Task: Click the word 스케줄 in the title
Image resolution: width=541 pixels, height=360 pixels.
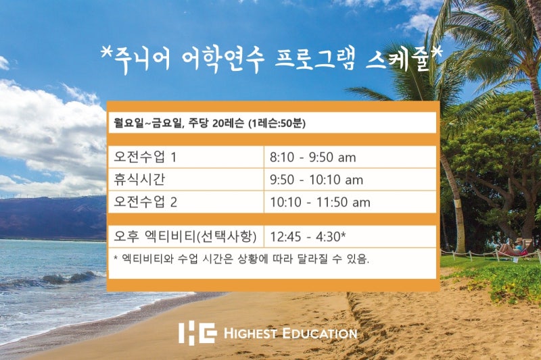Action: pyautogui.click(x=400, y=60)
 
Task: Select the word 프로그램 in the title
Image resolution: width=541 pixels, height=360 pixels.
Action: pyautogui.click(x=314, y=59)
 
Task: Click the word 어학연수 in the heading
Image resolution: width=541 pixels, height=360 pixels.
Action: pyautogui.click(x=223, y=60)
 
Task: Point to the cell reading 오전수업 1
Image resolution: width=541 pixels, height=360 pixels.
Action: pyautogui.click(x=145, y=157)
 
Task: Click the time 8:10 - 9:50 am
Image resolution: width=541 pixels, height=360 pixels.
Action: pyautogui.click(x=312, y=157)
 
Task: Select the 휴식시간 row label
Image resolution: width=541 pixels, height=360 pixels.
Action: pyautogui.click(x=139, y=180)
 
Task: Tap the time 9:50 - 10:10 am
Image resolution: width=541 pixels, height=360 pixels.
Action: pyautogui.click(x=316, y=180)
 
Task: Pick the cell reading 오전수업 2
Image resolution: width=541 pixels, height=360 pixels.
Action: pyautogui.click(x=145, y=202)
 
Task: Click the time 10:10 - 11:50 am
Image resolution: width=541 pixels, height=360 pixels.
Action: pyautogui.click(x=320, y=202)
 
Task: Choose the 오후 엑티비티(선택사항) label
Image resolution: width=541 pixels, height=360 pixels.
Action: pyautogui.click(x=185, y=236)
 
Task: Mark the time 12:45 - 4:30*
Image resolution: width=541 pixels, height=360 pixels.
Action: pyautogui.click(x=308, y=236)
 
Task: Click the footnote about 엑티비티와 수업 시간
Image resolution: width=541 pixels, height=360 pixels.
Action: pyautogui.click(x=241, y=259)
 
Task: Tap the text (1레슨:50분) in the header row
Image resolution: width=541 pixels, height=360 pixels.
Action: pyautogui.click(x=277, y=123)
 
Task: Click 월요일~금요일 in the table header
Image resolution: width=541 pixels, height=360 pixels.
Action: pyautogui.click(x=147, y=123)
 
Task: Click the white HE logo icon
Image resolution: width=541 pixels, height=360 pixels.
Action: pyautogui.click(x=197, y=333)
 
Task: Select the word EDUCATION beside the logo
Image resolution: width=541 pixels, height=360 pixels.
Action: pyautogui.click(x=319, y=334)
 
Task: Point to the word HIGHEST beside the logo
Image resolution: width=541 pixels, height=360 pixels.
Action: pyautogui.click(x=250, y=334)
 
